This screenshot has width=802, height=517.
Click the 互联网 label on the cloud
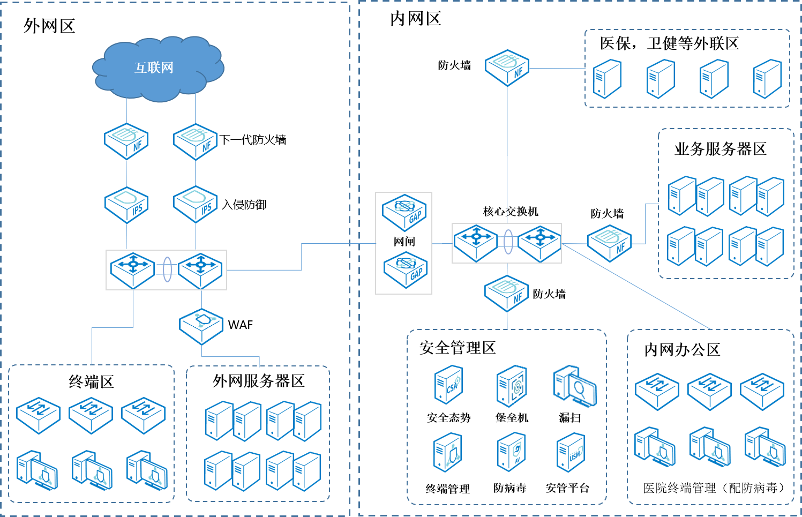click(154, 68)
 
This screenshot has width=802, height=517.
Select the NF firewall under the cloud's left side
click(126, 141)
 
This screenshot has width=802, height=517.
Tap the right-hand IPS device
click(196, 204)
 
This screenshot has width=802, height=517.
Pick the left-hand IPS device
click(126, 204)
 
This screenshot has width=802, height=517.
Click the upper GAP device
click(404, 212)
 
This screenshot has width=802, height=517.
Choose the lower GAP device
click(404, 269)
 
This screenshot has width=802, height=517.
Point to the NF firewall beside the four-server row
click(507, 68)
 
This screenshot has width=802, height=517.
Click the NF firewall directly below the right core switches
click(507, 293)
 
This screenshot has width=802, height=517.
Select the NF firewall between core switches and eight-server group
click(610, 243)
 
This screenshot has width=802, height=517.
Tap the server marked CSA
click(448, 384)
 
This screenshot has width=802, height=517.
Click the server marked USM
click(571, 452)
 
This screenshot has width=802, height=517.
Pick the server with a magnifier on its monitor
click(574, 386)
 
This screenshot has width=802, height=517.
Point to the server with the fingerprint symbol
click(512, 386)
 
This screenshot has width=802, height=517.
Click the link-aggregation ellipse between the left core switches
click(167, 269)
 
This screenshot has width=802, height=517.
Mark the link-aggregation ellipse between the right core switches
click(508, 242)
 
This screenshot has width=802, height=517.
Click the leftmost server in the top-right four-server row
click(608, 79)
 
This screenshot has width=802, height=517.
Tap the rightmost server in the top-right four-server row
click(767, 79)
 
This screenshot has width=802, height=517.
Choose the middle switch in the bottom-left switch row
click(91, 415)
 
